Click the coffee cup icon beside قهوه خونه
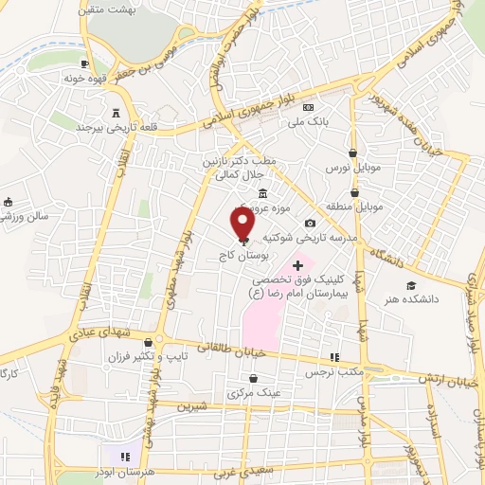click(85, 63)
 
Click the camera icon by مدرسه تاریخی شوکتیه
click(310, 224)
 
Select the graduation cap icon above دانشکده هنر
click(411, 285)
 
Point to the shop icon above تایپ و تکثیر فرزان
click(160, 343)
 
